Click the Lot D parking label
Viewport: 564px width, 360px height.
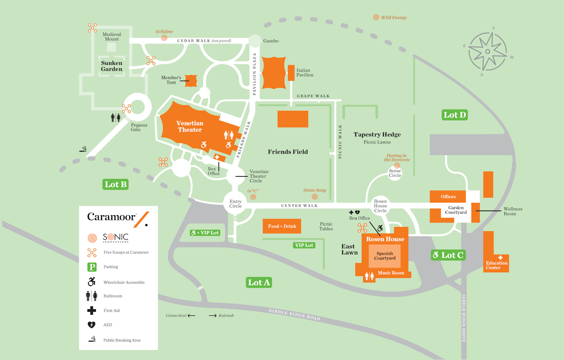(x=454, y=115)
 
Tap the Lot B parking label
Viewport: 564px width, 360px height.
(x=116, y=184)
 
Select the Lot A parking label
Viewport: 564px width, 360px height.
(x=259, y=282)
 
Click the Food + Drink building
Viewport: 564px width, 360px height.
(x=282, y=226)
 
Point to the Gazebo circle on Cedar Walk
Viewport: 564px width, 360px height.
(x=254, y=41)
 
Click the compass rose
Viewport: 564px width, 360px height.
(x=487, y=51)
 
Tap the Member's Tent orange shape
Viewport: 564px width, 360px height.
(x=191, y=80)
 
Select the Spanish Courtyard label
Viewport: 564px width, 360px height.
(x=385, y=256)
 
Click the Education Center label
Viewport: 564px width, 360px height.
(x=496, y=265)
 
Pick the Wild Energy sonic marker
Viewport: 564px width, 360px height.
(x=376, y=17)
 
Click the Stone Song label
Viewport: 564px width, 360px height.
(x=314, y=190)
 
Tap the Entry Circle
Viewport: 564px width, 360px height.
(x=235, y=203)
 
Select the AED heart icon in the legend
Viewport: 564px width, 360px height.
(x=92, y=325)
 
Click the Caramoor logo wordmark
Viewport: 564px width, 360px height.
(x=111, y=217)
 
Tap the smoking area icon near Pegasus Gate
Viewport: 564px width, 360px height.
(x=83, y=149)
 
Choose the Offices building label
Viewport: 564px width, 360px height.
(x=448, y=196)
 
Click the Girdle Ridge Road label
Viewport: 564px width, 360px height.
(x=295, y=315)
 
